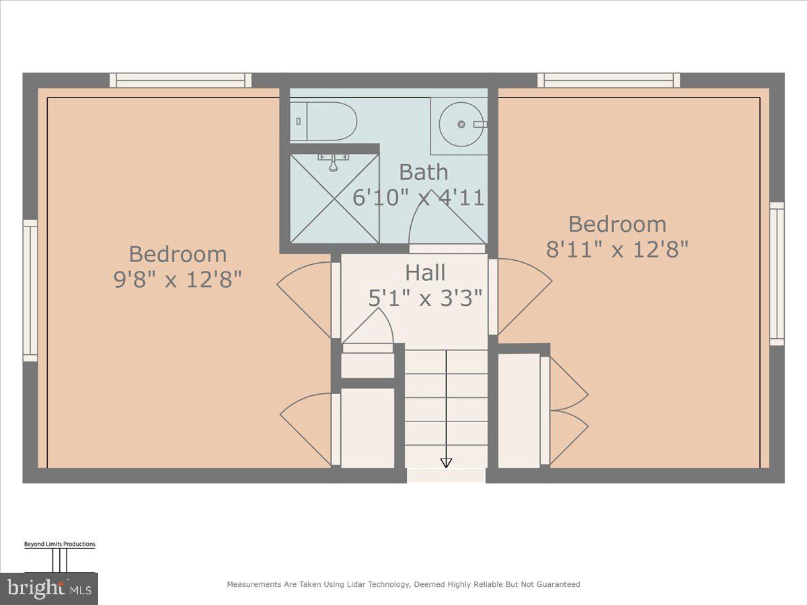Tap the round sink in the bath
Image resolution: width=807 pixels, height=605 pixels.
pos(462,124)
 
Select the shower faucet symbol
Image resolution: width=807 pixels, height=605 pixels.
pos(334,161)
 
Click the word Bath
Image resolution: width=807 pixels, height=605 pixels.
pos(423,172)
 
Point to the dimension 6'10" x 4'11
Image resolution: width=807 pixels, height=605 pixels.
pos(418,198)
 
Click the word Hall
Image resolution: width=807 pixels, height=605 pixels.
pos(425,273)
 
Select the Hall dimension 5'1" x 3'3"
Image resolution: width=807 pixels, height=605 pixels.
pos(425,298)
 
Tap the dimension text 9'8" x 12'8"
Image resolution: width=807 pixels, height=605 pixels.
pos(178,279)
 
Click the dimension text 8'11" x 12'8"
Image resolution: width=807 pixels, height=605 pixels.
pos(617,249)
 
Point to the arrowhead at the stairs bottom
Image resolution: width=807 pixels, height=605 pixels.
pos(446,462)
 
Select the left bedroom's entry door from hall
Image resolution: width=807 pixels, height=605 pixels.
pos(306,299)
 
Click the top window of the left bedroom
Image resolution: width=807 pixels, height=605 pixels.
pos(181,81)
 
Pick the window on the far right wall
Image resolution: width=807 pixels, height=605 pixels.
pos(777,274)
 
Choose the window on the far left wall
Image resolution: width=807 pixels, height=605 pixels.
pos(30,290)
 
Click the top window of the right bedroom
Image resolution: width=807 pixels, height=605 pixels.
pos(608,81)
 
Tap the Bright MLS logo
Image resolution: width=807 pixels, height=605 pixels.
pos(49,589)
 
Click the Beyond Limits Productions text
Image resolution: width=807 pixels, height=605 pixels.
pos(59,544)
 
